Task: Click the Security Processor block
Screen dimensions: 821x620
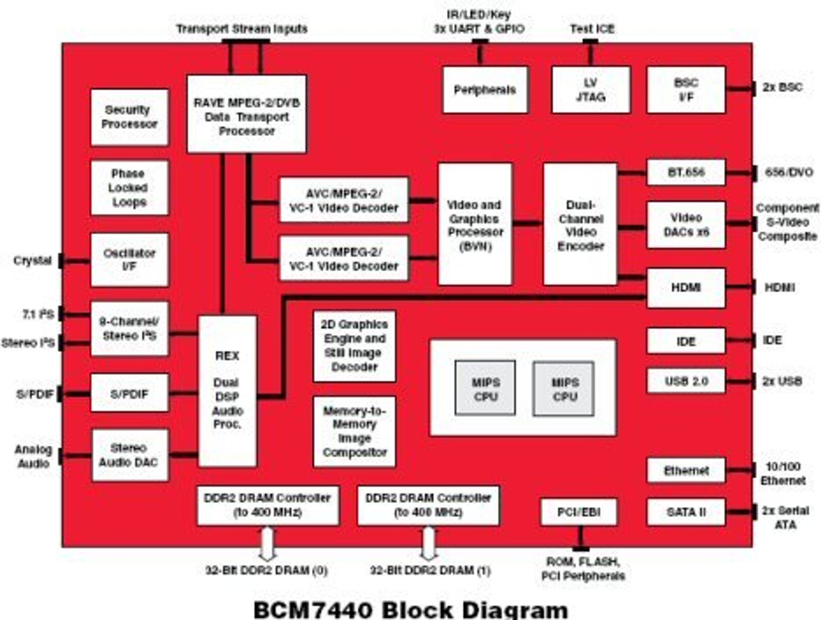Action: (129, 117)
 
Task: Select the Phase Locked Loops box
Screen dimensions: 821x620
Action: (129, 187)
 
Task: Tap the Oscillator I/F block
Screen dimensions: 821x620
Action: (129, 260)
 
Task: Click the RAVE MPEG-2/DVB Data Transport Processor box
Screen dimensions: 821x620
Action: (247, 114)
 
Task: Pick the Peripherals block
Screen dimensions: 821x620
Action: (485, 90)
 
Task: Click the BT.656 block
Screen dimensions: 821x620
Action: (686, 172)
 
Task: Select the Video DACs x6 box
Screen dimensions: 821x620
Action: (686, 225)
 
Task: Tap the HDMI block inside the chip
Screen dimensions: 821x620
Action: (686, 288)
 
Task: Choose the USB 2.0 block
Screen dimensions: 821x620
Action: (686, 381)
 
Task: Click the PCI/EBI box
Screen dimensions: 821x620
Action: (579, 512)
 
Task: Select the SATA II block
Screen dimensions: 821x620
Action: (686, 512)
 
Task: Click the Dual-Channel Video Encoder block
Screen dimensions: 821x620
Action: (580, 224)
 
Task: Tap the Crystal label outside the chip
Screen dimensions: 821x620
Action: (32, 260)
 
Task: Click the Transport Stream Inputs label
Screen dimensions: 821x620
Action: (242, 29)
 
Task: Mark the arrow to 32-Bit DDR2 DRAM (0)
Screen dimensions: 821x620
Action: (267, 544)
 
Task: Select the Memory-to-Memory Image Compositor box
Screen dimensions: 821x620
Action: (354, 431)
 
